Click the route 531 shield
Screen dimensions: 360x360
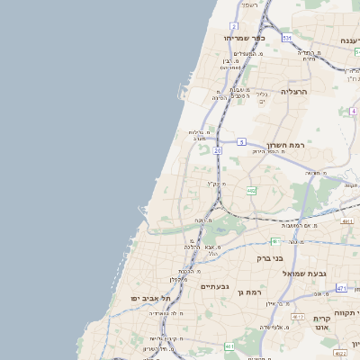click(286, 39)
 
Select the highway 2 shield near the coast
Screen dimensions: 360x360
click(233, 26)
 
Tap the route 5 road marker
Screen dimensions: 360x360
click(242, 141)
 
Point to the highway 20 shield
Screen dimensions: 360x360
click(218, 150)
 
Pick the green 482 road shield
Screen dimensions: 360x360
click(251, 191)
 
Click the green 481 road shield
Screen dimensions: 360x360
click(274, 241)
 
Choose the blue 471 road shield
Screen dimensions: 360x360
click(341, 288)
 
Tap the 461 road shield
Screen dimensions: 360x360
click(229, 346)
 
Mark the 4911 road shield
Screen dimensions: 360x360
click(346, 220)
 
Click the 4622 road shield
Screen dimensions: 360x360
click(341, 355)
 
